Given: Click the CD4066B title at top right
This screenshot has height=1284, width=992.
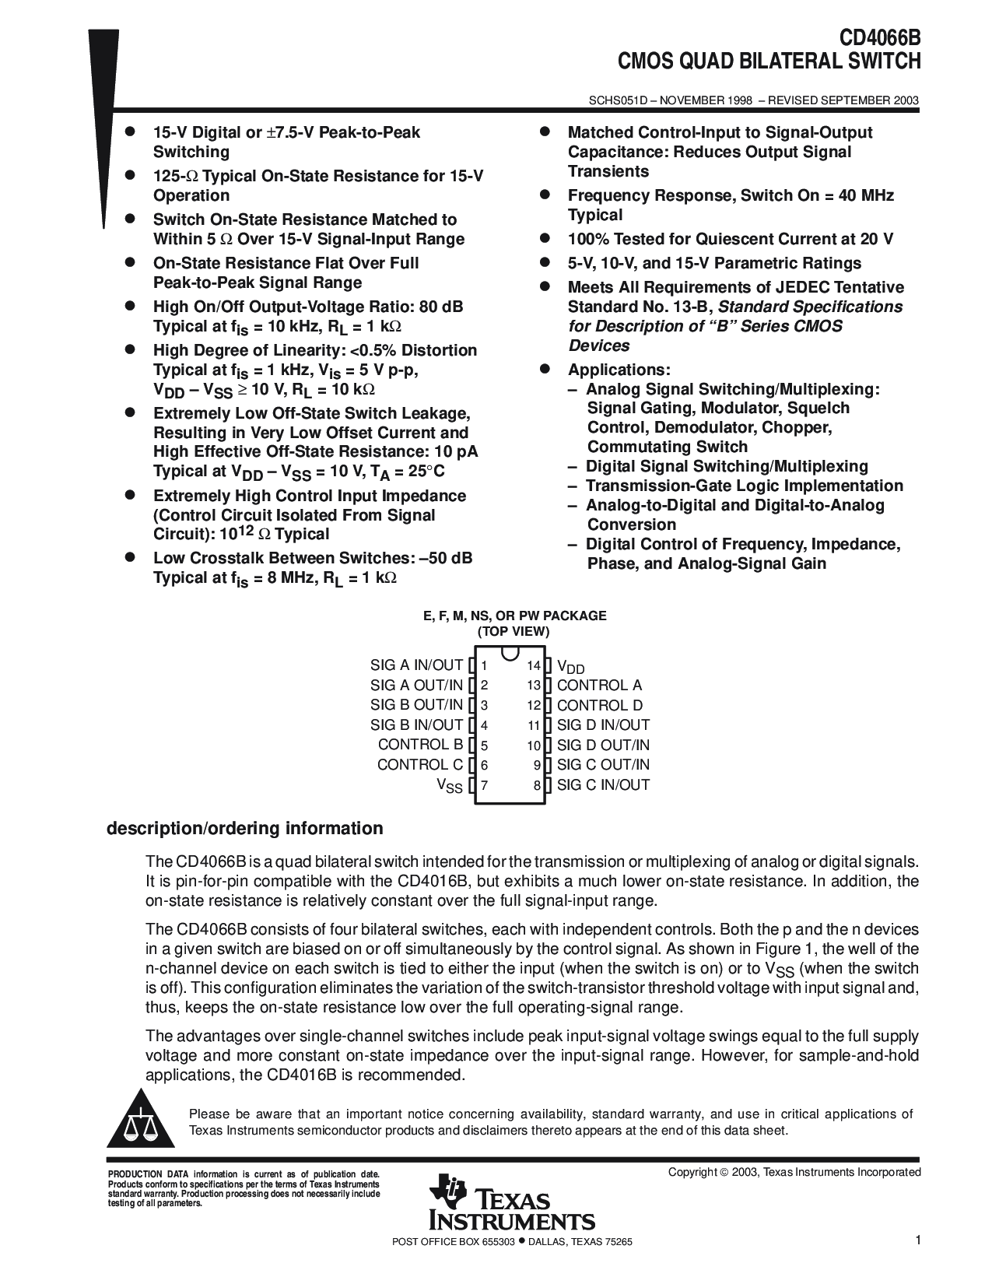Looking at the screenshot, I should click(x=879, y=39).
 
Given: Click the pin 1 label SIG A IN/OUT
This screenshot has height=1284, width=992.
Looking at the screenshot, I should click(x=416, y=665).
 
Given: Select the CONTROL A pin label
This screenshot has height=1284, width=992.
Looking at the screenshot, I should click(x=599, y=686).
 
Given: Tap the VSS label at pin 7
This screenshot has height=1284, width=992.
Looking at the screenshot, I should click(x=450, y=786).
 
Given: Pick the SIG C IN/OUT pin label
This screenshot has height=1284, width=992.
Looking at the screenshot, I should click(x=603, y=785).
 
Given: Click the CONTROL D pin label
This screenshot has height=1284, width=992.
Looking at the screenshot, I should click(x=600, y=706).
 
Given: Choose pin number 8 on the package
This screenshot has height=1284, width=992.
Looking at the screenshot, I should click(x=537, y=786).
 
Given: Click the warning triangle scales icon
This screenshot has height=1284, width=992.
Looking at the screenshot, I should click(x=140, y=1124).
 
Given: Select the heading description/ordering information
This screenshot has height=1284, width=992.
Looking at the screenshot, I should click(x=244, y=828).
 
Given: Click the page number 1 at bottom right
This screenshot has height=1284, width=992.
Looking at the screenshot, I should click(x=917, y=1242).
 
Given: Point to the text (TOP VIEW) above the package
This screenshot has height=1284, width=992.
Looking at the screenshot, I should click(x=514, y=632).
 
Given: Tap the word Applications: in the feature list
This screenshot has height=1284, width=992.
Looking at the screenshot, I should click(x=619, y=370).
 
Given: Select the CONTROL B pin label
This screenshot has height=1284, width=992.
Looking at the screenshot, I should click(x=420, y=745).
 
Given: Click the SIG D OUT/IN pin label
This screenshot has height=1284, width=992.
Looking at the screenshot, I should click(x=603, y=745).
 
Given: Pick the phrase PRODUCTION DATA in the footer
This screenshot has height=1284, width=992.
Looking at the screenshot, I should click(x=135, y=1173).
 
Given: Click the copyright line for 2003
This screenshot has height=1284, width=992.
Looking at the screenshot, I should click(x=794, y=1172).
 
